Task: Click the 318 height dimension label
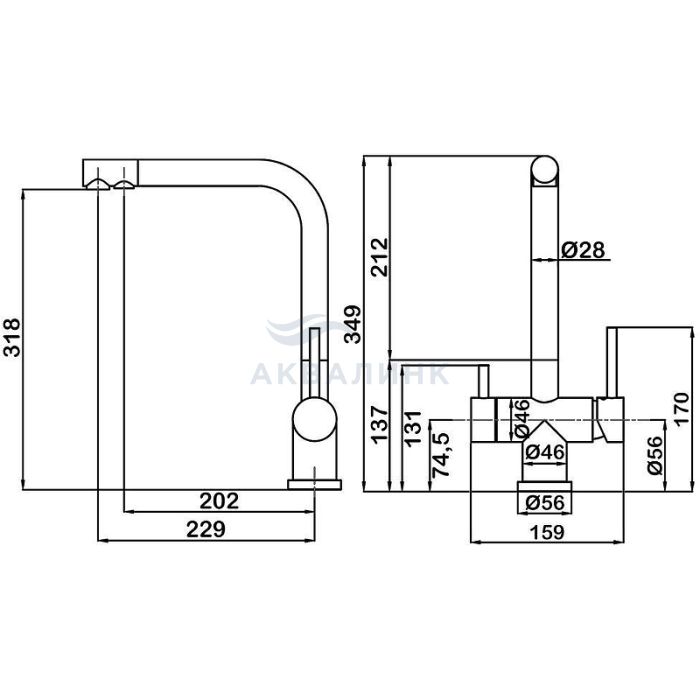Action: click(11, 337)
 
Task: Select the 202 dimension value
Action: click(219, 501)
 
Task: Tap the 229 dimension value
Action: click(206, 530)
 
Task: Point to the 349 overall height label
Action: click(353, 324)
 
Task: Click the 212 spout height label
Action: click(380, 258)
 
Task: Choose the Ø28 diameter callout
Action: click(583, 250)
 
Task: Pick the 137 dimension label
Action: click(380, 424)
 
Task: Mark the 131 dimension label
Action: click(412, 428)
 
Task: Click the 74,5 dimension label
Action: click(442, 454)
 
